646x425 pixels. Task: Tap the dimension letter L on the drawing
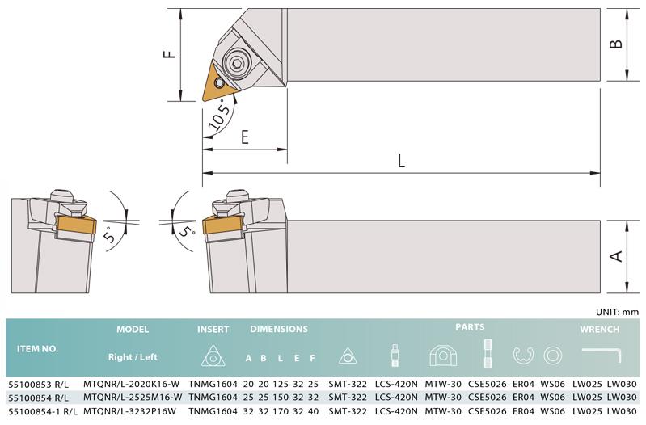[x=401, y=161]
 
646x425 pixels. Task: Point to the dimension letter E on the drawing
[x=245, y=137]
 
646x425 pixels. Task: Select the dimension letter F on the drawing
[x=170, y=54]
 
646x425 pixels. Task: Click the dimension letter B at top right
[x=616, y=44]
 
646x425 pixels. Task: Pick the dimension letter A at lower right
[x=616, y=256]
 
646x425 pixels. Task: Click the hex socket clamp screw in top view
[x=238, y=63]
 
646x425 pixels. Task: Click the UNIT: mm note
[x=617, y=312]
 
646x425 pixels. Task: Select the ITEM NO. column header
[x=37, y=349]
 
